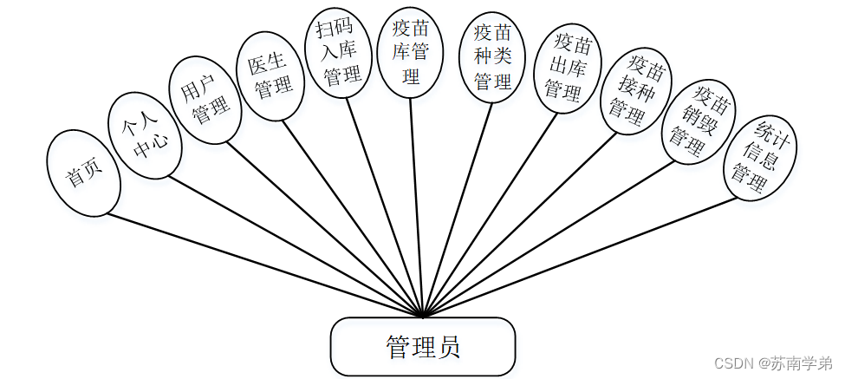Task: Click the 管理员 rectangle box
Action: (422, 347)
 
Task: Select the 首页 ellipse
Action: (83, 173)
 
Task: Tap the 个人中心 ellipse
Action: (144, 137)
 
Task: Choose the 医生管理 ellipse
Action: (270, 77)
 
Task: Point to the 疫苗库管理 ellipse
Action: (411, 52)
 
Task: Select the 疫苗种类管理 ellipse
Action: (492, 58)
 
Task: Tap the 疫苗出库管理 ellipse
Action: (564, 69)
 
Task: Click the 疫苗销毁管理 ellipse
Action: (698, 123)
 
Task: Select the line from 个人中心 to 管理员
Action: (295, 246)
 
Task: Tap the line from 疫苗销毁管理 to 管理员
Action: (555, 239)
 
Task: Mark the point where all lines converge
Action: (422, 317)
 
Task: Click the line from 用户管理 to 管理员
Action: (325, 228)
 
